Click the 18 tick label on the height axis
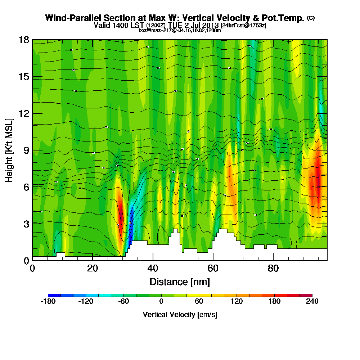[x=24, y=40]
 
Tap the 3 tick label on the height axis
[x=26, y=224]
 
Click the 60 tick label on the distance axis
[x=213, y=269]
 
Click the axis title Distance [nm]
[x=180, y=282]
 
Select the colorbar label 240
[x=312, y=302]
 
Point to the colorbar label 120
[x=237, y=302]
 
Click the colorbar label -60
[x=123, y=302]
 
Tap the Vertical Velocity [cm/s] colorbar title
[x=180, y=315]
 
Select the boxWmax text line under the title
[x=180, y=30]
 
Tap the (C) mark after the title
[x=311, y=18]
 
